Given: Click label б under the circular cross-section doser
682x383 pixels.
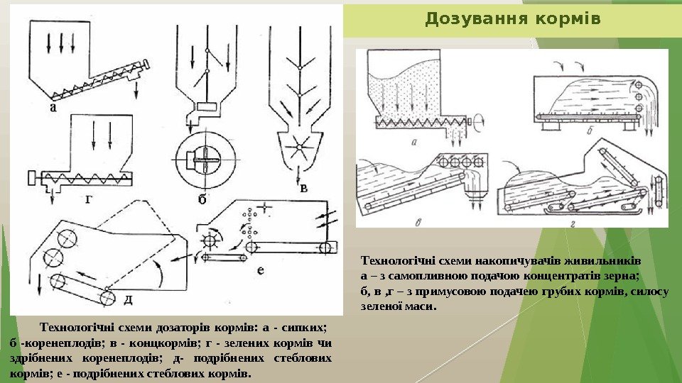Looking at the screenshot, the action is tap(202, 201).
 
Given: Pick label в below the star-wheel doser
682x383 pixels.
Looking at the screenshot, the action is tap(303, 188).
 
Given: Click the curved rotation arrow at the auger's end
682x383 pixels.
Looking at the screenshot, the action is tap(479, 121).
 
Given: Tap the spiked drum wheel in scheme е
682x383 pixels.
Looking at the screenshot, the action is tap(211, 239).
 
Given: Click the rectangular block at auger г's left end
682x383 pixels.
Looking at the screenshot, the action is tap(32, 176).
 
